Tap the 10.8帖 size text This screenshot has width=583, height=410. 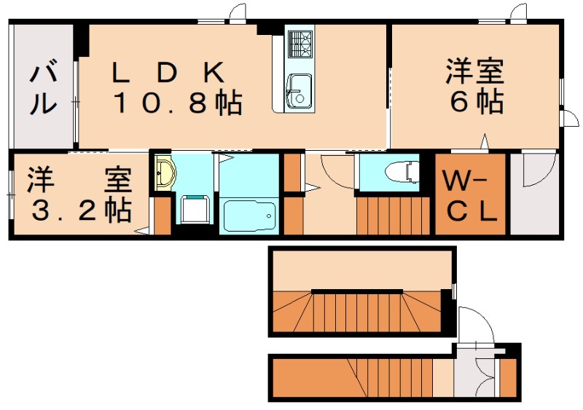[x=177, y=104]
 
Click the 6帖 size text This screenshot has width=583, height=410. [x=477, y=103]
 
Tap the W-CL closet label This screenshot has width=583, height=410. [x=471, y=194]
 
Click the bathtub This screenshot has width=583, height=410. [x=249, y=216]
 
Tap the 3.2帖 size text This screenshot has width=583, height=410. [x=79, y=210]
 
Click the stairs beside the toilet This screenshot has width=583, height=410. [x=394, y=215]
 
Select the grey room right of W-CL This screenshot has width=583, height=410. [x=533, y=194]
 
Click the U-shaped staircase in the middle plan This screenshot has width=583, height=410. [x=361, y=310]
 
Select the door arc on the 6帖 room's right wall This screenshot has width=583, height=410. [x=568, y=119]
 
